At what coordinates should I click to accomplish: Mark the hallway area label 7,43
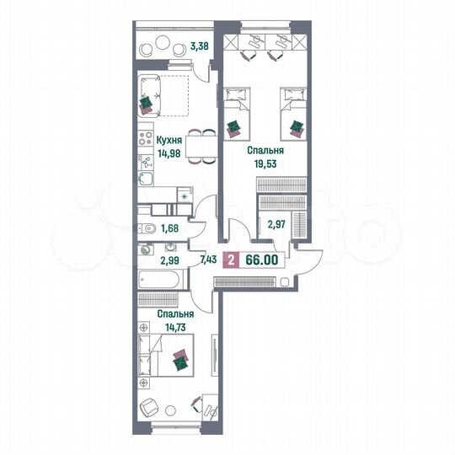(208, 260)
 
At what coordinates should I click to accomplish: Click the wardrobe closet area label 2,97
(277, 224)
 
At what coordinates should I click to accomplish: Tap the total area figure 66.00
(261, 260)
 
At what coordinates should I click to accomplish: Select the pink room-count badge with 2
(232, 260)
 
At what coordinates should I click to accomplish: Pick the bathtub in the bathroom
(158, 280)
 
